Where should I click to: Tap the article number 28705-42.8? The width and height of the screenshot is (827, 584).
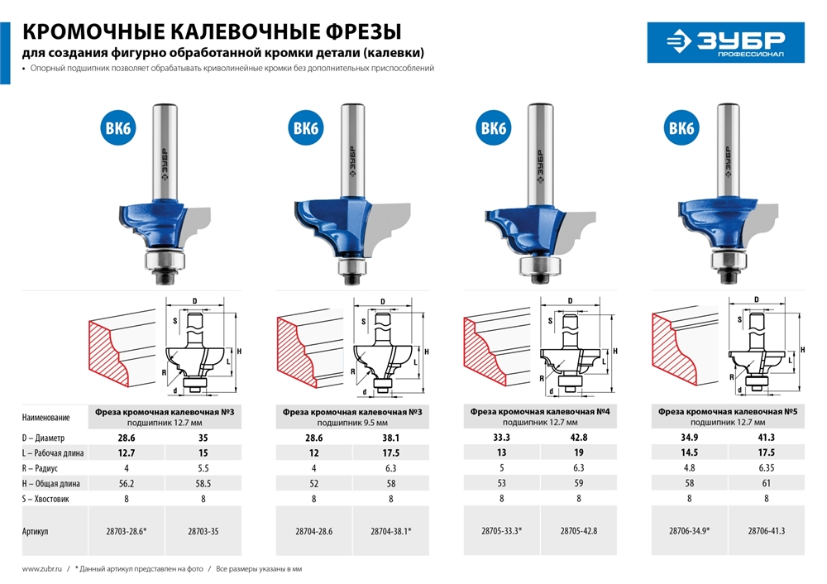click(x=579, y=531)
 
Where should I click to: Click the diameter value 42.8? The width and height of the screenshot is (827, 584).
click(x=579, y=436)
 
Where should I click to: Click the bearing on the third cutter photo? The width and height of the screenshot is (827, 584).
click(x=538, y=266)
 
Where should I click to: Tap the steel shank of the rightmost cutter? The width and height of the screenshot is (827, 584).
click(x=729, y=149)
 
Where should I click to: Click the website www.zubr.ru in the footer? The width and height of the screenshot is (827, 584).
click(x=41, y=568)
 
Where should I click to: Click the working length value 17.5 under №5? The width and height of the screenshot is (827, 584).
click(x=767, y=452)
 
